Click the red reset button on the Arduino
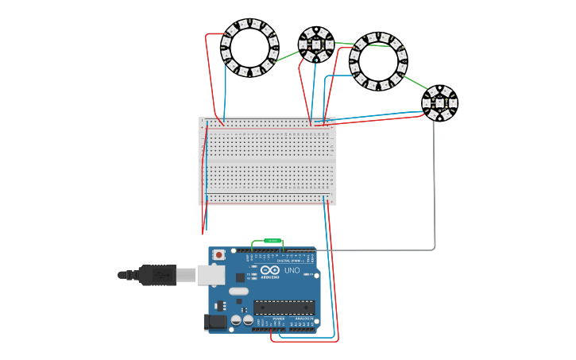218,255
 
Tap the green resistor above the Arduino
272,240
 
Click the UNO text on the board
292,270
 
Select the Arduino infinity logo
270,270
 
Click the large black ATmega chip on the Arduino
284,307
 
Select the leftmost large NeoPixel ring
249,48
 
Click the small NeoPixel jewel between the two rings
315,45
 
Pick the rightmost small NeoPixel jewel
439,103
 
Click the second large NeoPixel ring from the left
378,61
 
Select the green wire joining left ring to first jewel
286,56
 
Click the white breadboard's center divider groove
267,161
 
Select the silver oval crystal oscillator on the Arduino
238,291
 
